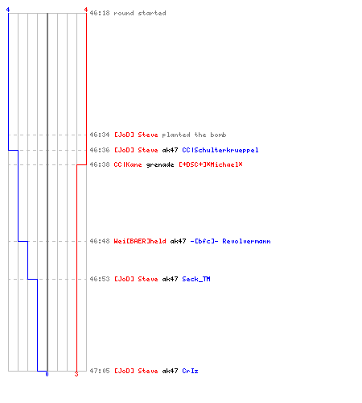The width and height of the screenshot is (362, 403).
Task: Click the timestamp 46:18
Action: pyautogui.click(x=100, y=13)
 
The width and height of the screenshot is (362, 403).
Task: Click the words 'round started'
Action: pyautogui.click(x=140, y=13)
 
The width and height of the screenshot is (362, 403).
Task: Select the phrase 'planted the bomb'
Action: pyautogui.click(x=194, y=135)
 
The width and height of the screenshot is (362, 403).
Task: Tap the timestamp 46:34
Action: pyautogui.click(x=100, y=135)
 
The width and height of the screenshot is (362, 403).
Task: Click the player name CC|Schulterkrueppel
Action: pyautogui.click(x=220, y=150)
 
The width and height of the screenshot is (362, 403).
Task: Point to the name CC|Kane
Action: pyautogui.click(x=128, y=164)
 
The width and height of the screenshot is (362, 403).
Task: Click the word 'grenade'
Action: pyautogui.click(x=160, y=164)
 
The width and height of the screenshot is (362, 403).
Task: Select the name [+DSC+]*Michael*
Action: pyautogui.click(x=211, y=164)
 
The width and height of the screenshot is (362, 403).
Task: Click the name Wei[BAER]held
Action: pyautogui.click(x=140, y=241)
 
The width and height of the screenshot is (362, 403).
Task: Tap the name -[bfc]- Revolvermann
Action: pyautogui.click(x=230, y=241)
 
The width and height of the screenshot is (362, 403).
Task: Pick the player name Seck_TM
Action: pyautogui.click(x=196, y=279)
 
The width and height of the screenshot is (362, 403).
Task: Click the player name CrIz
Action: pyautogui.click(x=190, y=371)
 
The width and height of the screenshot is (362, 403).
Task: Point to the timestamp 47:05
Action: pyautogui.click(x=100, y=371)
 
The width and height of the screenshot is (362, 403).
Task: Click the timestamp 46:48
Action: pyautogui.click(x=100, y=241)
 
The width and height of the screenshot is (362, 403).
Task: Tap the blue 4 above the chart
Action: pyautogui.click(x=8, y=10)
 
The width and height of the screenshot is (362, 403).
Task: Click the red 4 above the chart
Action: pyautogui.click(x=86, y=10)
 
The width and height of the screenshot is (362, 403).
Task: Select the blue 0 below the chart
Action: pyautogui.click(x=47, y=374)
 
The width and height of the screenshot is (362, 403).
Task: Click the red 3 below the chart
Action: pyautogui.click(x=76, y=374)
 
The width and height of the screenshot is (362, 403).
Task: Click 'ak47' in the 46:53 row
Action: pyautogui.click(x=170, y=279)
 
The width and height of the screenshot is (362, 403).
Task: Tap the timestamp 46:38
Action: pyautogui.click(x=100, y=164)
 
